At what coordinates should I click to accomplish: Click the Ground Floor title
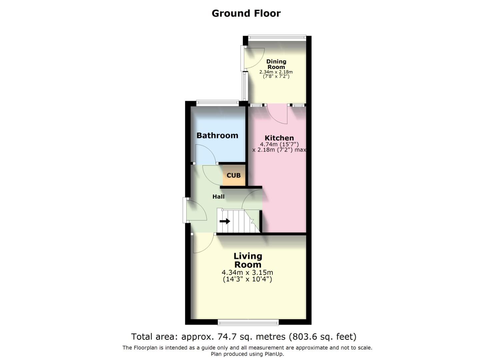coord(246,13)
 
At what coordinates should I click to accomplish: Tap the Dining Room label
coord(276,64)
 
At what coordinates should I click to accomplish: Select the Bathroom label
coord(217,135)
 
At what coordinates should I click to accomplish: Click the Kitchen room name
coord(279,138)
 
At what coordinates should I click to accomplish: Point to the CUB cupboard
coord(234,175)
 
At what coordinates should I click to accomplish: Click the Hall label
coord(218,197)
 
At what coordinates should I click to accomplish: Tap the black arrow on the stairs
coord(225,221)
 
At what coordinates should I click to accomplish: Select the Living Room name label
coord(248,260)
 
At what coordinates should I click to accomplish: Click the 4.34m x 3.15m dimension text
coord(247,273)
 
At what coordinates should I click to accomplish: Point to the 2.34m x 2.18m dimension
coord(276,72)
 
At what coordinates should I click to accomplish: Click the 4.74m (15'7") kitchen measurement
coord(279,144)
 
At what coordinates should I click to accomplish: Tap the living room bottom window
coord(248,322)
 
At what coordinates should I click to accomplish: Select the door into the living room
coord(203,243)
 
